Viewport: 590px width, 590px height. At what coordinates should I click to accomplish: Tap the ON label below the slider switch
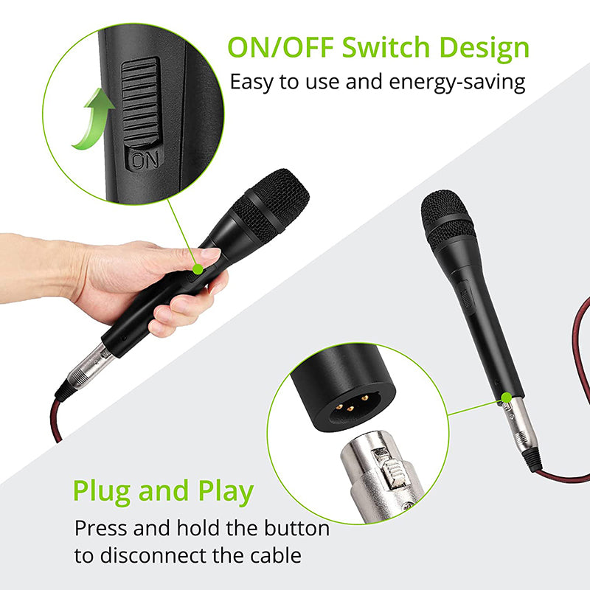point(145,161)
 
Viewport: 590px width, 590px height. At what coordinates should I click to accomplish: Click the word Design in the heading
point(484,49)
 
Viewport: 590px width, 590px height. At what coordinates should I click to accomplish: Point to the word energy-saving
point(457,83)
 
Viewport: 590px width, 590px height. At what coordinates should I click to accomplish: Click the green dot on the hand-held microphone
point(198,269)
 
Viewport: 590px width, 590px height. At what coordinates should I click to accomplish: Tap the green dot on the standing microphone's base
point(507,397)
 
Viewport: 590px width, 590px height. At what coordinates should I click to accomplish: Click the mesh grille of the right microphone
point(447,218)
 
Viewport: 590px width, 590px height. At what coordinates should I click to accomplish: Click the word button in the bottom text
point(296,528)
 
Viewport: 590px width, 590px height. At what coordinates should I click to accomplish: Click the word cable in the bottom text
point(276,555)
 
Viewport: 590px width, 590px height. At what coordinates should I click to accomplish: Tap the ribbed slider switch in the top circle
point(140,103)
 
